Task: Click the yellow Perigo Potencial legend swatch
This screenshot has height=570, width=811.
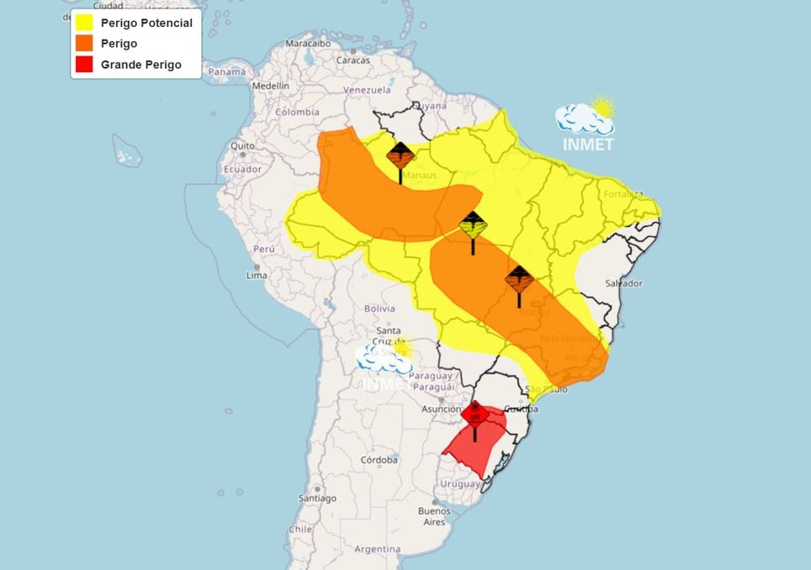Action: (x=83, y=23)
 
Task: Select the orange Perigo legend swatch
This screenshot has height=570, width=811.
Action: (x=83, y=44)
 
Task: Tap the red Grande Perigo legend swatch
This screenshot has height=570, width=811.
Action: (x=83, y=65)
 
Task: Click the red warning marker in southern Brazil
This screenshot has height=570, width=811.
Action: (x=475, y=414)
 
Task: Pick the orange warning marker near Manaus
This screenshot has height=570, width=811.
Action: (x=400, y=155)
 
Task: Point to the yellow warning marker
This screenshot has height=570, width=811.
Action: (x=473, y=225)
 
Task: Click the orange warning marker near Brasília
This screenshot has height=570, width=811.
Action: (x=518, y=279)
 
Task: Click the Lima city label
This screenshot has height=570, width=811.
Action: (x=257, y=275)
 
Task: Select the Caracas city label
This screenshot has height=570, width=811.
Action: (x=353, y=61)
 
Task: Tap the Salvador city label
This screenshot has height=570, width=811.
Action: (x=624, y=283)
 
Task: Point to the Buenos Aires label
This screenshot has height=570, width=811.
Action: (x=434, y=516)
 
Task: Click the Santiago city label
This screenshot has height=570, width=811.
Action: (x=316, y=498)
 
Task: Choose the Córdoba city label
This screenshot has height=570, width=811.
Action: (x=379, y=460)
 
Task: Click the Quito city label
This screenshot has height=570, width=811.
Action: (x=243, y=145)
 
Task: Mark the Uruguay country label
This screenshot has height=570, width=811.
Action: (x=460, y=485)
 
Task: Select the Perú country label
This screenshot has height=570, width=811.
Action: (x=264, y=250)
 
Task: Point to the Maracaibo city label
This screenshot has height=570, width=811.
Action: (x=308, y=43)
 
